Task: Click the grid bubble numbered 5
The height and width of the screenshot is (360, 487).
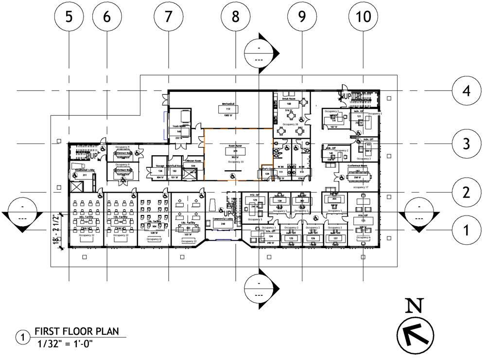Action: [69, 17]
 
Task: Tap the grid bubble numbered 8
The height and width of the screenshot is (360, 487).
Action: [236, 17]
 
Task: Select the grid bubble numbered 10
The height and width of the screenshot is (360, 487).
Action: [363, 17]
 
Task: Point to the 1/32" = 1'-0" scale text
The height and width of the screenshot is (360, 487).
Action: [65, 343]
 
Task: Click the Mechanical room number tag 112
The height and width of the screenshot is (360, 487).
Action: [228, 109]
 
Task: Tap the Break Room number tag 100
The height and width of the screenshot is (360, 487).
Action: [289, 104]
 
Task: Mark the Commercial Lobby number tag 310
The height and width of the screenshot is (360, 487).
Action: [223, 231]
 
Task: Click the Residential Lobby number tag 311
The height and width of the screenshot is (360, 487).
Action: [84, 175]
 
